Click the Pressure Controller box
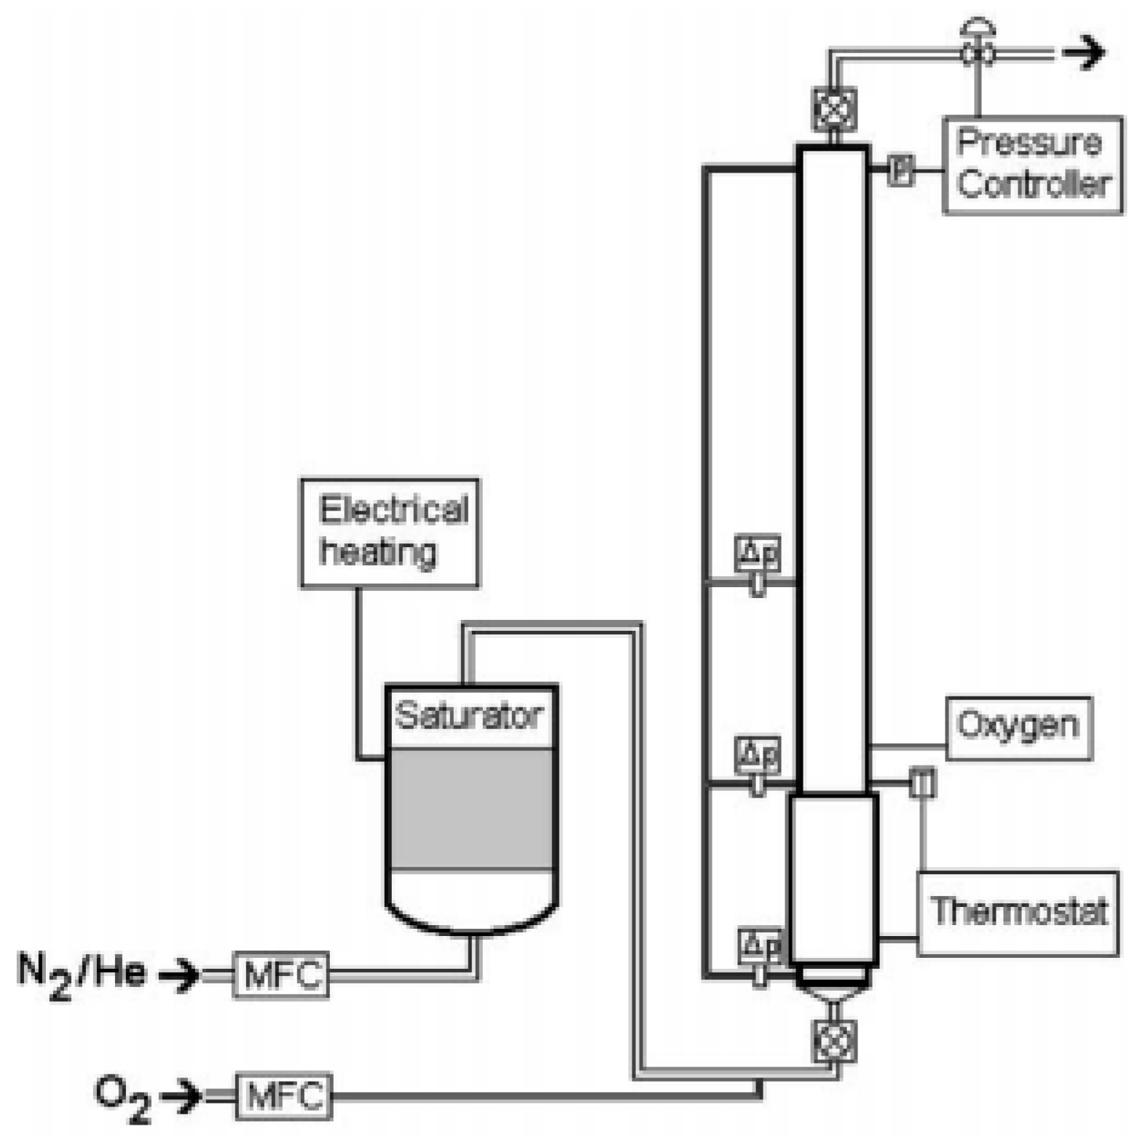(x=1032, y=165)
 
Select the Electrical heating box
(x=390, y=532)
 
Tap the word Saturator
(x=469, y=716)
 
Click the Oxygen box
(x=1018, y=728)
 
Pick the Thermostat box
(x=1018, y=913)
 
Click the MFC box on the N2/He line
(x=281, y=975)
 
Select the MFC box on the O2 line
(x=284, y=1096)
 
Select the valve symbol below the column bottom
(x=835, y=1042)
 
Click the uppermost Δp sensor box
(x=758, y=553)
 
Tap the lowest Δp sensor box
(x=760, y=946)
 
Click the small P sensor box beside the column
(x=901, y=170)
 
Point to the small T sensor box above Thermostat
(x=923, y=783)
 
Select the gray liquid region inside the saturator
(x=471, y=809)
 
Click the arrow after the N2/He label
(x=179, y=975)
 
